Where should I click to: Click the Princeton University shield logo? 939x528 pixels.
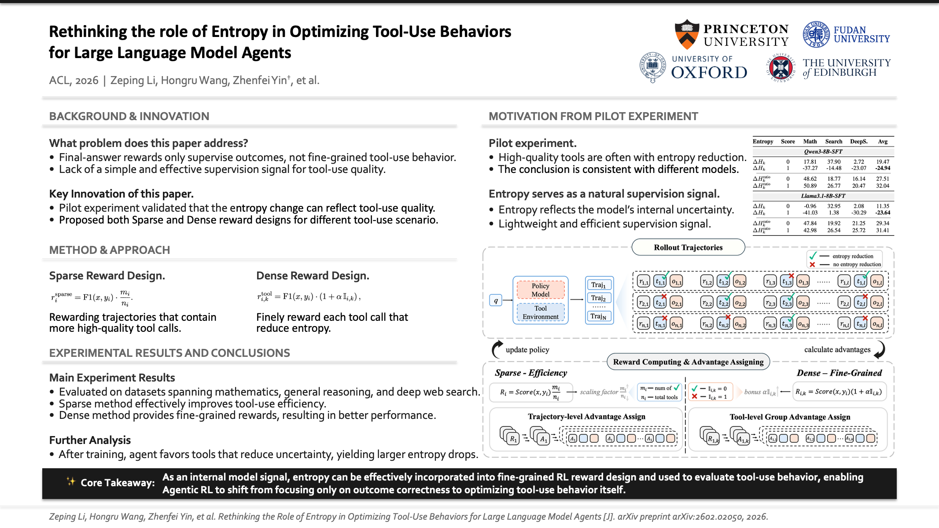click(687, 34)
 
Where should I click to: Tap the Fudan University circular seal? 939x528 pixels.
click(816, 34)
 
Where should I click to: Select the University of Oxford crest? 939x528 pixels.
click(652, 67)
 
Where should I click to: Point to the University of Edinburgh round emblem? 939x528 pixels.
click(781, 68)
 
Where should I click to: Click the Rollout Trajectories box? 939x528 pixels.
click(688, 247)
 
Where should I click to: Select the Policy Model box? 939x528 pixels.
click(540, 290)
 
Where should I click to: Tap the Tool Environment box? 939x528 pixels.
click(540, 312)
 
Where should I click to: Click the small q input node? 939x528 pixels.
click(496, 301)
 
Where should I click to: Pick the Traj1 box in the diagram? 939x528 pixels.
click(598, 285)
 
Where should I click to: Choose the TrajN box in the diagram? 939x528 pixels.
click(598, 316)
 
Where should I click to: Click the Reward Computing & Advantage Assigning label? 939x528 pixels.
click(688, 362)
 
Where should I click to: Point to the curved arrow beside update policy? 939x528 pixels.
click(497, 349)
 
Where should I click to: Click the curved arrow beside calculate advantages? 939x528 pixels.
click(880, 350)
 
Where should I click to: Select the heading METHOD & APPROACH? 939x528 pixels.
click(110, 250)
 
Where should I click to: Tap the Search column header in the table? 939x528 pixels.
click(833, 141)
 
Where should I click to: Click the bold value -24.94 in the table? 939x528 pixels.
click(883, 168)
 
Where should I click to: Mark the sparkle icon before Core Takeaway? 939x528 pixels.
click(71, 481)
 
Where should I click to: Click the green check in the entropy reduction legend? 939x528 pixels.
click(813, 256)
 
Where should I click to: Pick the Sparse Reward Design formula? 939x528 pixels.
click(92, 298)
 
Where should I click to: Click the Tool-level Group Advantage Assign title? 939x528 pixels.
click(790, 417)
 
